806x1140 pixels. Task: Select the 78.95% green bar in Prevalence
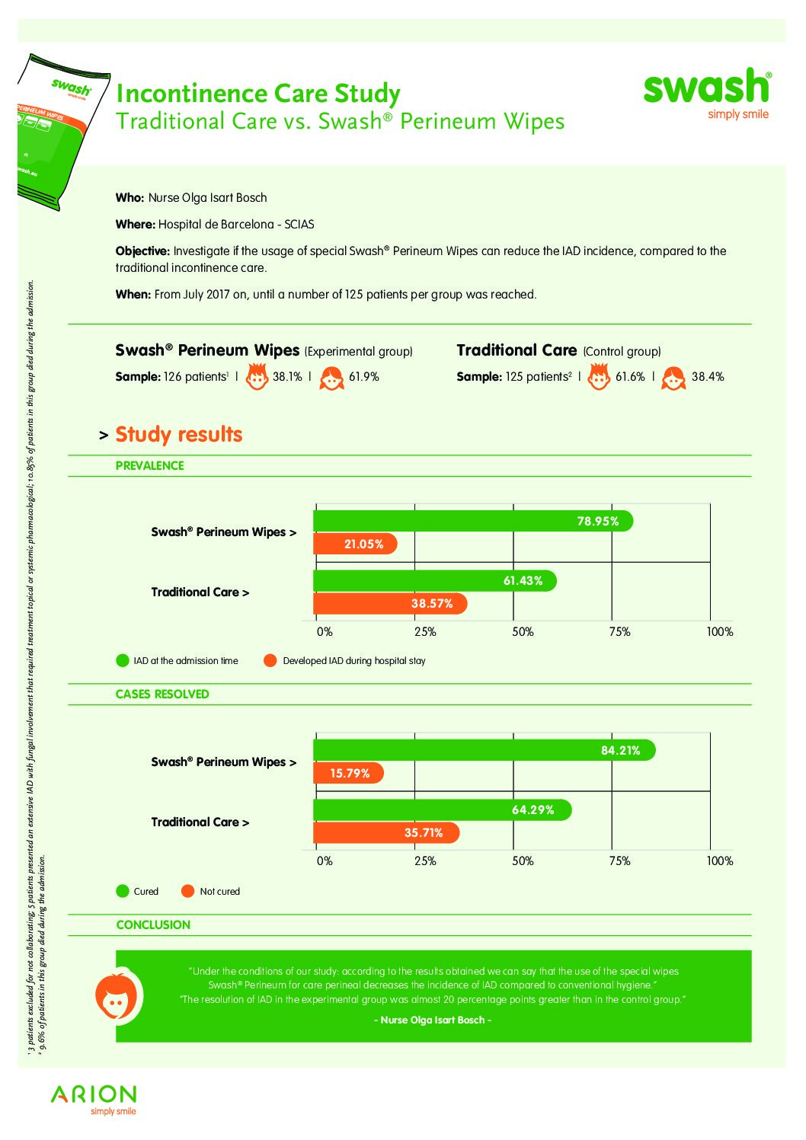coord(472,521)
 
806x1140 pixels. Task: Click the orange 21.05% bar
coord(355,544)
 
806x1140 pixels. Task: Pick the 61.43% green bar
coord(434,581)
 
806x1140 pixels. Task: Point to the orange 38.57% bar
coord(390,604)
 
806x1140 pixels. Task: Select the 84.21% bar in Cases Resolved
coord(484,750)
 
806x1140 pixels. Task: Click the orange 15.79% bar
coord(348,773)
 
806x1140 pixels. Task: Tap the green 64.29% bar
coord(442,810)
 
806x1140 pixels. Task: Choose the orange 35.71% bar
coord(386,833)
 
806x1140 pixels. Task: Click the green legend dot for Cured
coord(123,891)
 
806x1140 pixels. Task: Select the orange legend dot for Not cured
coord(187,891)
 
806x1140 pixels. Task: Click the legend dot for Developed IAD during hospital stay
coord(270,660)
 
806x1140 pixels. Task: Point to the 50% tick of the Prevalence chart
coord(523,632)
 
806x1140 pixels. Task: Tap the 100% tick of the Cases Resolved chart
coord(719,861)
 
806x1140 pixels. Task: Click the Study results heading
coord(178,435)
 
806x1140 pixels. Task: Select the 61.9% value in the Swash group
coord(363,377)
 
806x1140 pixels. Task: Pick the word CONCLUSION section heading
coord(153,925)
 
